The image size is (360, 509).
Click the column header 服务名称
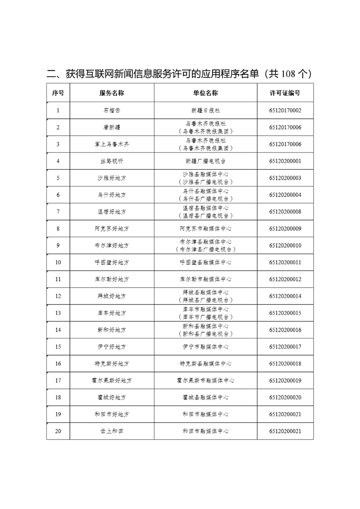point(112,93)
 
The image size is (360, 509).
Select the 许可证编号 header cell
point(285,93)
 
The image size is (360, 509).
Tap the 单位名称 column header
point(205,93)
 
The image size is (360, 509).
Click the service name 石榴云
point(112,110)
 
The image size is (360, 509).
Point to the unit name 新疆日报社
point(205,110)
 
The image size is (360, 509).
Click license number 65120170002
point(285,110)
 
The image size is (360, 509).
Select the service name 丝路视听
point(112,161)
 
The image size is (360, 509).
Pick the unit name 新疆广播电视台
point(205,161)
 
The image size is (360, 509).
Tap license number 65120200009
point(285,229)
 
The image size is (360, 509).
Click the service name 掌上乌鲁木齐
point(112,144)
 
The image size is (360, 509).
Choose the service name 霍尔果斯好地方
point(112,381)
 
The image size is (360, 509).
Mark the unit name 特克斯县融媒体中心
point(205,364)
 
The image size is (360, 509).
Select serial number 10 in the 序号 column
point(58,262)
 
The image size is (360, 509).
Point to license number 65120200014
point(285,296)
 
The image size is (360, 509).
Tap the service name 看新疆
point(112,127)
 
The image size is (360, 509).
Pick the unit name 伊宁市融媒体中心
point(205,347)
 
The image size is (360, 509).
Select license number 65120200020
point(285,397)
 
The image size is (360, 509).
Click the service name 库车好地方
point(112,313)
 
